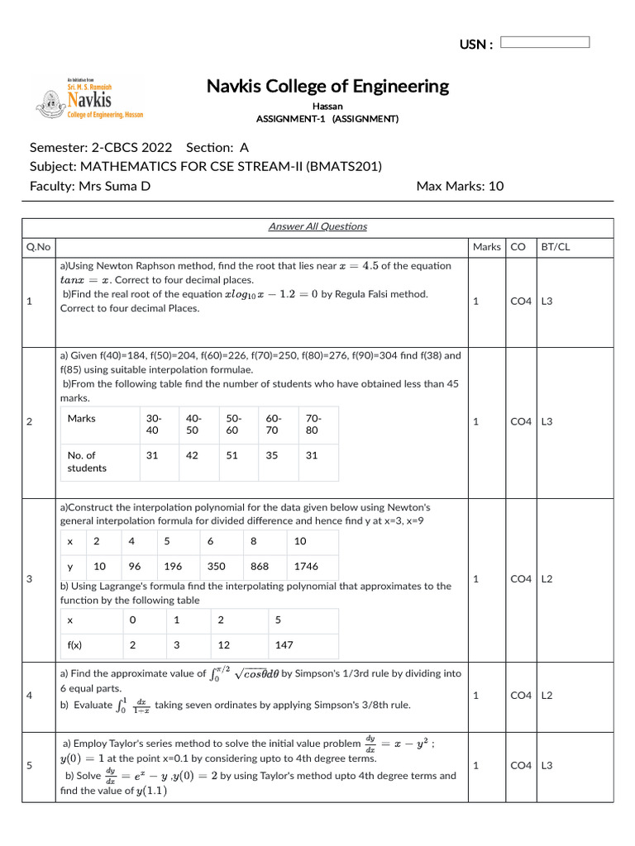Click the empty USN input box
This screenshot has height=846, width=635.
545,42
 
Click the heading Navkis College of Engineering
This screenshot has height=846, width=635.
327,86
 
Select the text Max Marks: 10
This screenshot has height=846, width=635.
460,186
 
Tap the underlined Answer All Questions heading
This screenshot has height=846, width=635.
317,226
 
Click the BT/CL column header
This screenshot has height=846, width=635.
553,246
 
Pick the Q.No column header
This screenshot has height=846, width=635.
37,246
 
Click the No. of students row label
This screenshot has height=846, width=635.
87,461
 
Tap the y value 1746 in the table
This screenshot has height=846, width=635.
306,566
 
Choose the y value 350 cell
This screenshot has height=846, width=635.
217,566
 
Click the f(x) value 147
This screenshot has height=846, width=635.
284,644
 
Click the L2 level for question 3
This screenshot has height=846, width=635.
548,579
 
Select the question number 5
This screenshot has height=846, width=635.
30,765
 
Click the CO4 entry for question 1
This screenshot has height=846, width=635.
520,302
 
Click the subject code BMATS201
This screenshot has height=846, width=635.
344,166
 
